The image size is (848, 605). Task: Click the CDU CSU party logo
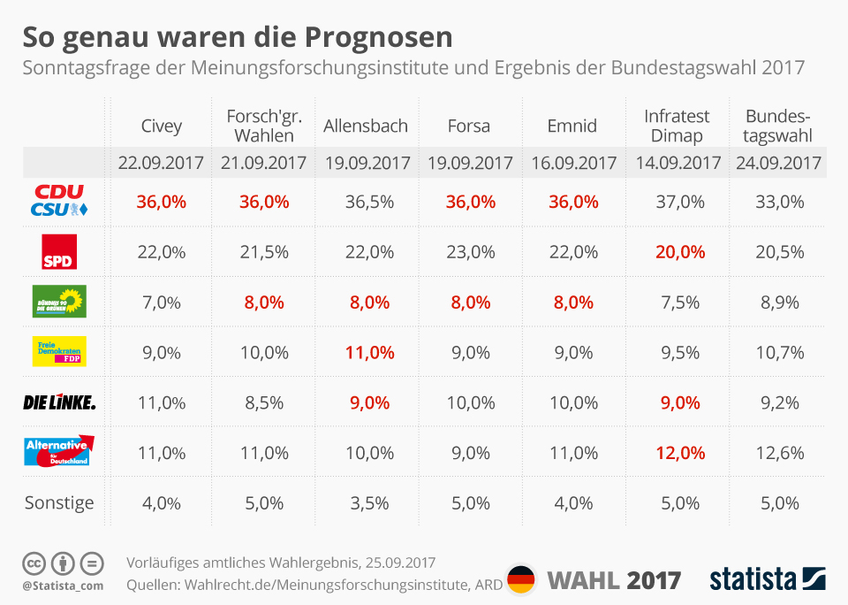59,201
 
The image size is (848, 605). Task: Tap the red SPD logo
59,251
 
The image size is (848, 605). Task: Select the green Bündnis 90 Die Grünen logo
59,302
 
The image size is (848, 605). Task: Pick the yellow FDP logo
59,351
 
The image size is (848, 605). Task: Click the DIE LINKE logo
59,402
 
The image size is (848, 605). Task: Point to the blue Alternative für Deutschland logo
59,451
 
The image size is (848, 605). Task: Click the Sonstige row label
59,503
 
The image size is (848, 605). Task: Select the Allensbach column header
366,126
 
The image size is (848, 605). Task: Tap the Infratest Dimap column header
677,126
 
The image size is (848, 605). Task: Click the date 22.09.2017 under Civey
161,164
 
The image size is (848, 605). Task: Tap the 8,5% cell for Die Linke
263,402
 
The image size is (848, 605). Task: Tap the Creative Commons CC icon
34,563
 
